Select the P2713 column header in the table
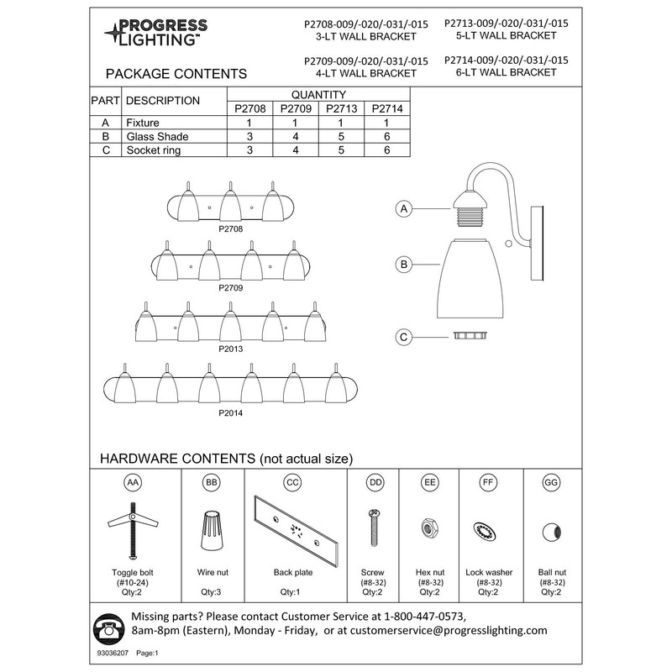click(x=342, y=108)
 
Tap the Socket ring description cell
click(x=153, y=150)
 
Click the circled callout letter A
click(x=404, y=208)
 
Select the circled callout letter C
click(x=404, y=337)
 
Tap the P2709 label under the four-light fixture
click(x=230, y=287)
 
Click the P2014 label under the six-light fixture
click(x=230, y=413)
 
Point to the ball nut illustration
click(x=551, y=530)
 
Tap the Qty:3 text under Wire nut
click(x=212, y=592)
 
